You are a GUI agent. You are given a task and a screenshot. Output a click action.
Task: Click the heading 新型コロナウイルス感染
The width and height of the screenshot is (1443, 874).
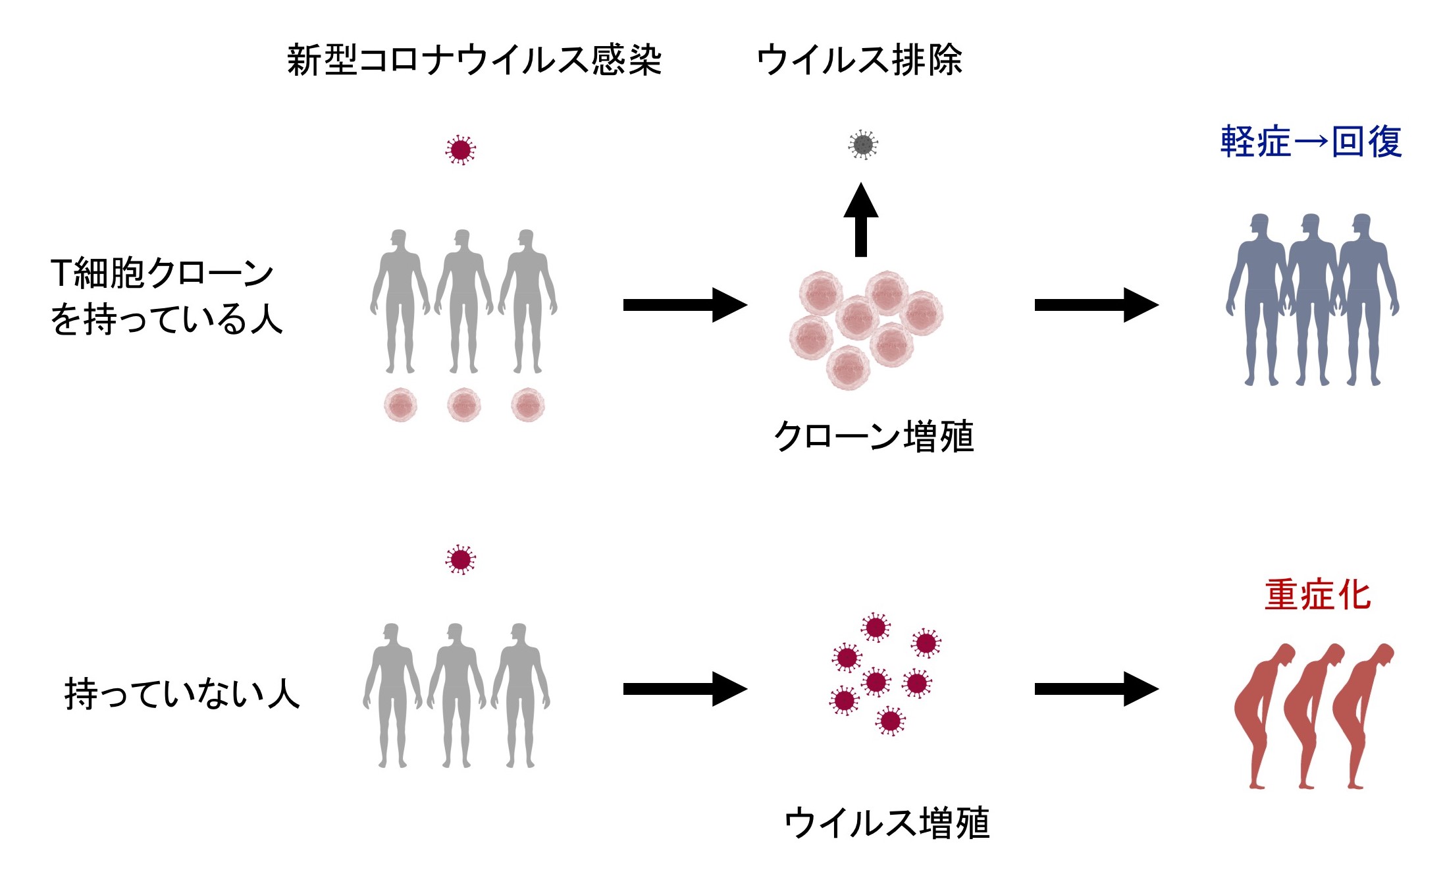coord(474,61)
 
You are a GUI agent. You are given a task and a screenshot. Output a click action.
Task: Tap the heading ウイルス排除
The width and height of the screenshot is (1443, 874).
coord(859,61)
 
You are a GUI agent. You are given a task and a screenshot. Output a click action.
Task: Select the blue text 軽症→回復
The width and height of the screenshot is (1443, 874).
coord(1310,142)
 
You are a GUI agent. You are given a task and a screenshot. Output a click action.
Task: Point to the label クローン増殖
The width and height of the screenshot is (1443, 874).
coord(873,437)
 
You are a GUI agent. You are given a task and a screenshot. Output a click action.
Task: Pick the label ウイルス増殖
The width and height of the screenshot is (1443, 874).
coord(886,823)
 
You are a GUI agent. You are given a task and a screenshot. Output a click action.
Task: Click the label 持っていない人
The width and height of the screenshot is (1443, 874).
coord(182,694)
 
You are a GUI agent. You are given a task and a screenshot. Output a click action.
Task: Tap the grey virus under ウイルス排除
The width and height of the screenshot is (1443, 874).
coord(862,145)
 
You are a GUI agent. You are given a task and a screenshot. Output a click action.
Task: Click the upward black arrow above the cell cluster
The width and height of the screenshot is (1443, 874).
coord(860,221)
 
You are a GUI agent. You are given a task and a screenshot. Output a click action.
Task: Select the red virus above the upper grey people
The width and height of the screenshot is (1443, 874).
coord(460,150)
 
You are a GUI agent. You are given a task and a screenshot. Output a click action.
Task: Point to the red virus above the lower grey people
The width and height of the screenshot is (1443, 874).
coord(460,560)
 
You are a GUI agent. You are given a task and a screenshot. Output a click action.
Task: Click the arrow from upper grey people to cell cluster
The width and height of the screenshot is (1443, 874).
coord(685,305)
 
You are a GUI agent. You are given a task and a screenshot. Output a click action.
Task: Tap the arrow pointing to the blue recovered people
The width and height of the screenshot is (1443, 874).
coord(1096,305)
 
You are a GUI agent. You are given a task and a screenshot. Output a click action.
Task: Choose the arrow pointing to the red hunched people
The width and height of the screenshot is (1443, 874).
coord(1096,689)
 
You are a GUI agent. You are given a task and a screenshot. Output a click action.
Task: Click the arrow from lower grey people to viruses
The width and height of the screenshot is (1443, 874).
coord(685,689)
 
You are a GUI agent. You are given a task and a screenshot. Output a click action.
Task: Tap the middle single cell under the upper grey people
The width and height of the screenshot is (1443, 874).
coord(463,404)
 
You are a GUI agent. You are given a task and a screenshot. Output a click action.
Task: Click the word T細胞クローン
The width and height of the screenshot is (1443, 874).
coord(162,273)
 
